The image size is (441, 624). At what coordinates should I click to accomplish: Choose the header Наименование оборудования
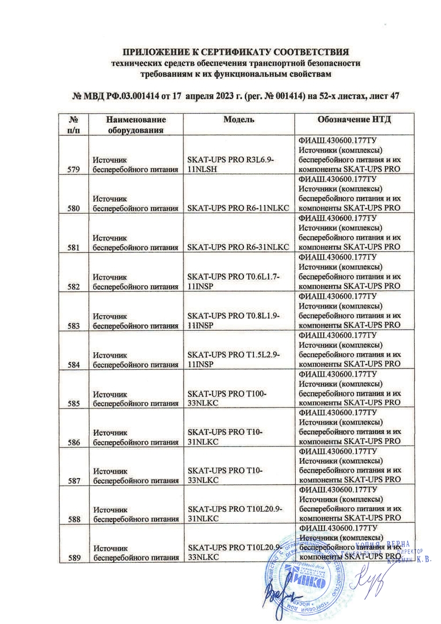click(x=136, y=124)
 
